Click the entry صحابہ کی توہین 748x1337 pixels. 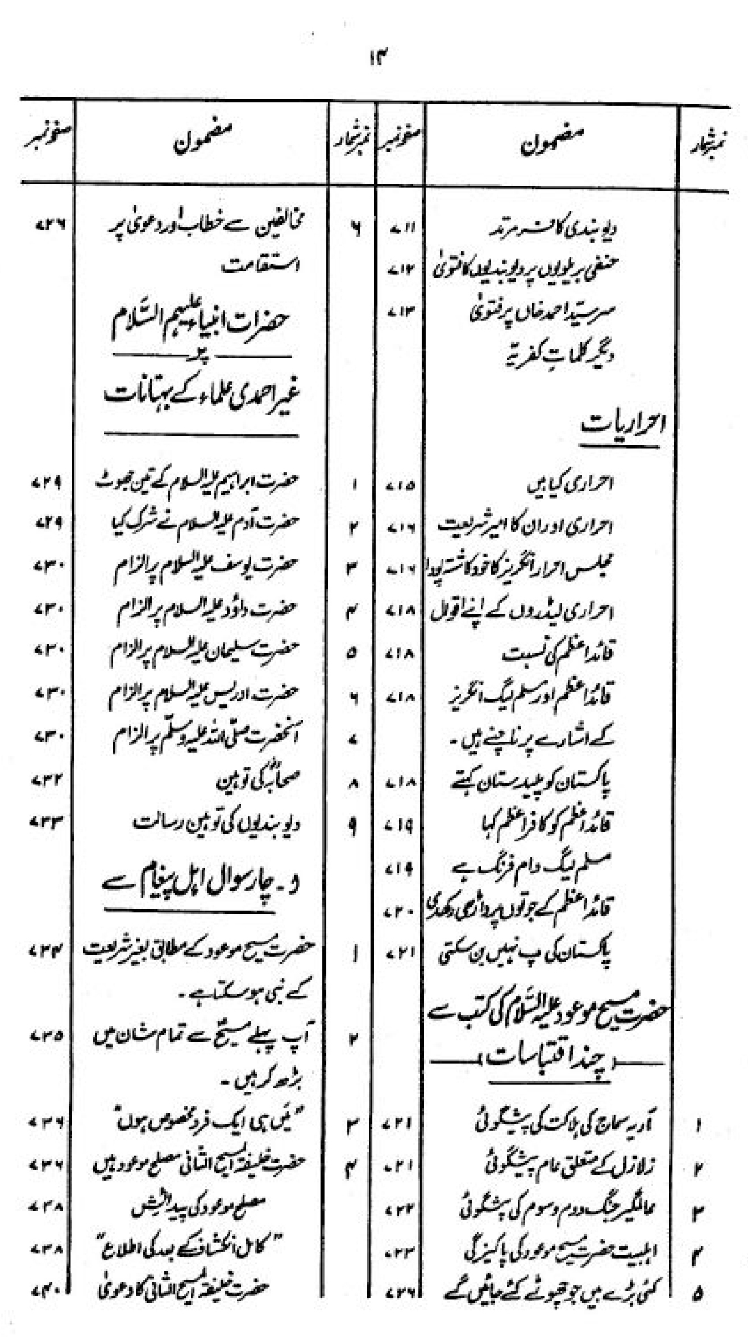point(259,782)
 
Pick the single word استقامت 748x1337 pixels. point(267,265)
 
